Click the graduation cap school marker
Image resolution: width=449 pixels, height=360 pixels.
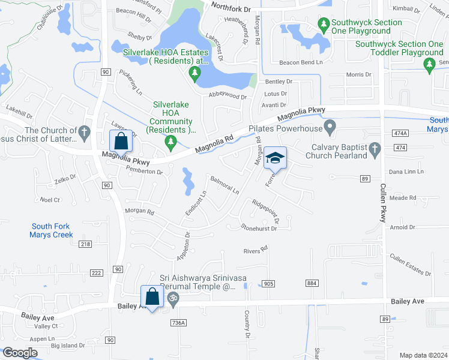coord(275,158)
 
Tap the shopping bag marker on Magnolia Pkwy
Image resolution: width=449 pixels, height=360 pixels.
coord(121,142)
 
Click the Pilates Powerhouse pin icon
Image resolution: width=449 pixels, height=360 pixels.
coord(329,127)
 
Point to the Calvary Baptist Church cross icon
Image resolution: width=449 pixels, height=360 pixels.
coord(375,149)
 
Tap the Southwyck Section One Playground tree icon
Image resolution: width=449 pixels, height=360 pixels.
coord(324,25)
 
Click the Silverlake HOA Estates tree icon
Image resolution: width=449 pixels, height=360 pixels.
coord(194,73)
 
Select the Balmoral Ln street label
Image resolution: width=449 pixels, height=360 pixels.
coord(224,185)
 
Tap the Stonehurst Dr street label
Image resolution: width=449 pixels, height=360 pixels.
coord(260,227)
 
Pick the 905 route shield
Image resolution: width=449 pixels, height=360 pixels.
coord(268,283)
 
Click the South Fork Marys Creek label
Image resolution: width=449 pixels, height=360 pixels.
coord(52,230)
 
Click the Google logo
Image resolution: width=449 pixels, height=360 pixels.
coord(20,353)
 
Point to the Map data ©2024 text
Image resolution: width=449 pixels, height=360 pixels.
coord(423,355)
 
